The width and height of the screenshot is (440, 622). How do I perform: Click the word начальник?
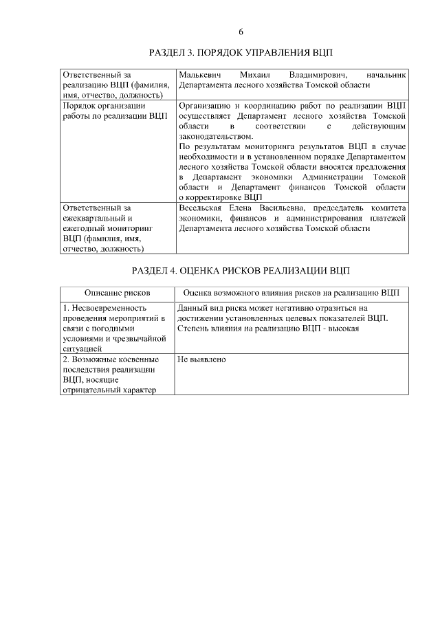point(387,74)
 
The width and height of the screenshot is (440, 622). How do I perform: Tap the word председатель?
point(342,208)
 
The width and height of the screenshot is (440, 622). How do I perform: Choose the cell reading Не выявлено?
point(201,359)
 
